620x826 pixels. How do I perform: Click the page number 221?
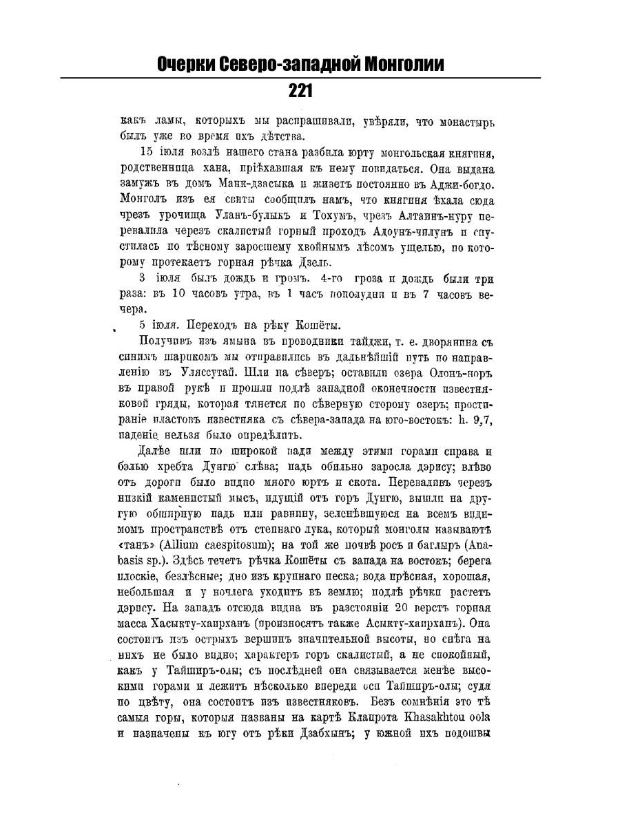click(300, 90)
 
